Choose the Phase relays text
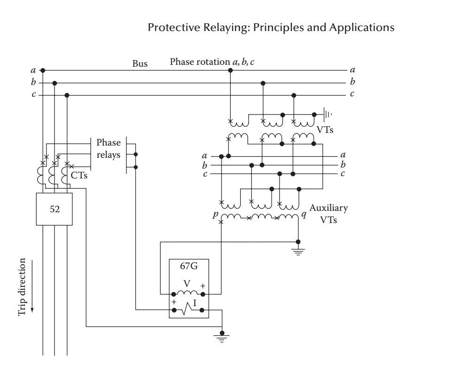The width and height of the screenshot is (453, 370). click(x=109, y=148)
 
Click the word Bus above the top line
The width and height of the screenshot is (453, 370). click(x=140, y=64)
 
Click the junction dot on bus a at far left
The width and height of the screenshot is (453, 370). click(x=43, y=70)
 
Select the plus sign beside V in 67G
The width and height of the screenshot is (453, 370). click(x=203, y=285)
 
